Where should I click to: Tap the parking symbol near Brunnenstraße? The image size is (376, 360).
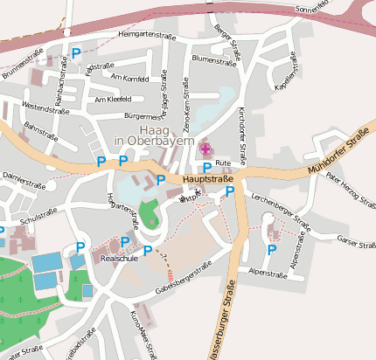click(x=76, y=53)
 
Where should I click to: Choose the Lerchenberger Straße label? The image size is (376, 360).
click(x=280, y=210)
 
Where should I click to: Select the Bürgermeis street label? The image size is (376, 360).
click(x=143, y=115)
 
